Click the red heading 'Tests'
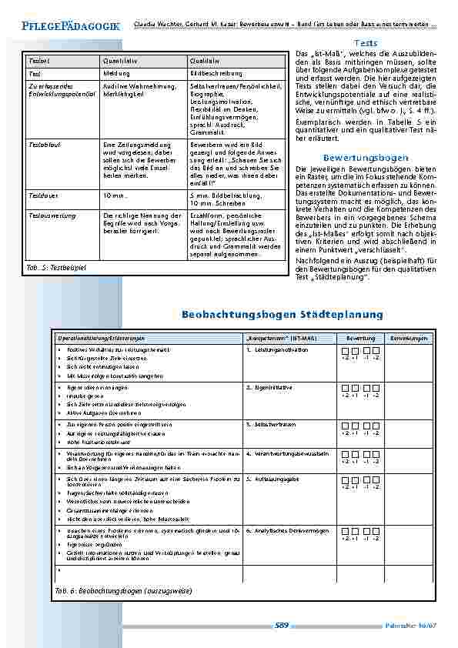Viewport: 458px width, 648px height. pos(366,43)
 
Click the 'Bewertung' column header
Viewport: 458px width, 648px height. pos(360,339)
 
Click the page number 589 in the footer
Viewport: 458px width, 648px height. pos(281,626)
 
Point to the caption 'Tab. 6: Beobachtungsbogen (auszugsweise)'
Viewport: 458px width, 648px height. pos(123,590)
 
